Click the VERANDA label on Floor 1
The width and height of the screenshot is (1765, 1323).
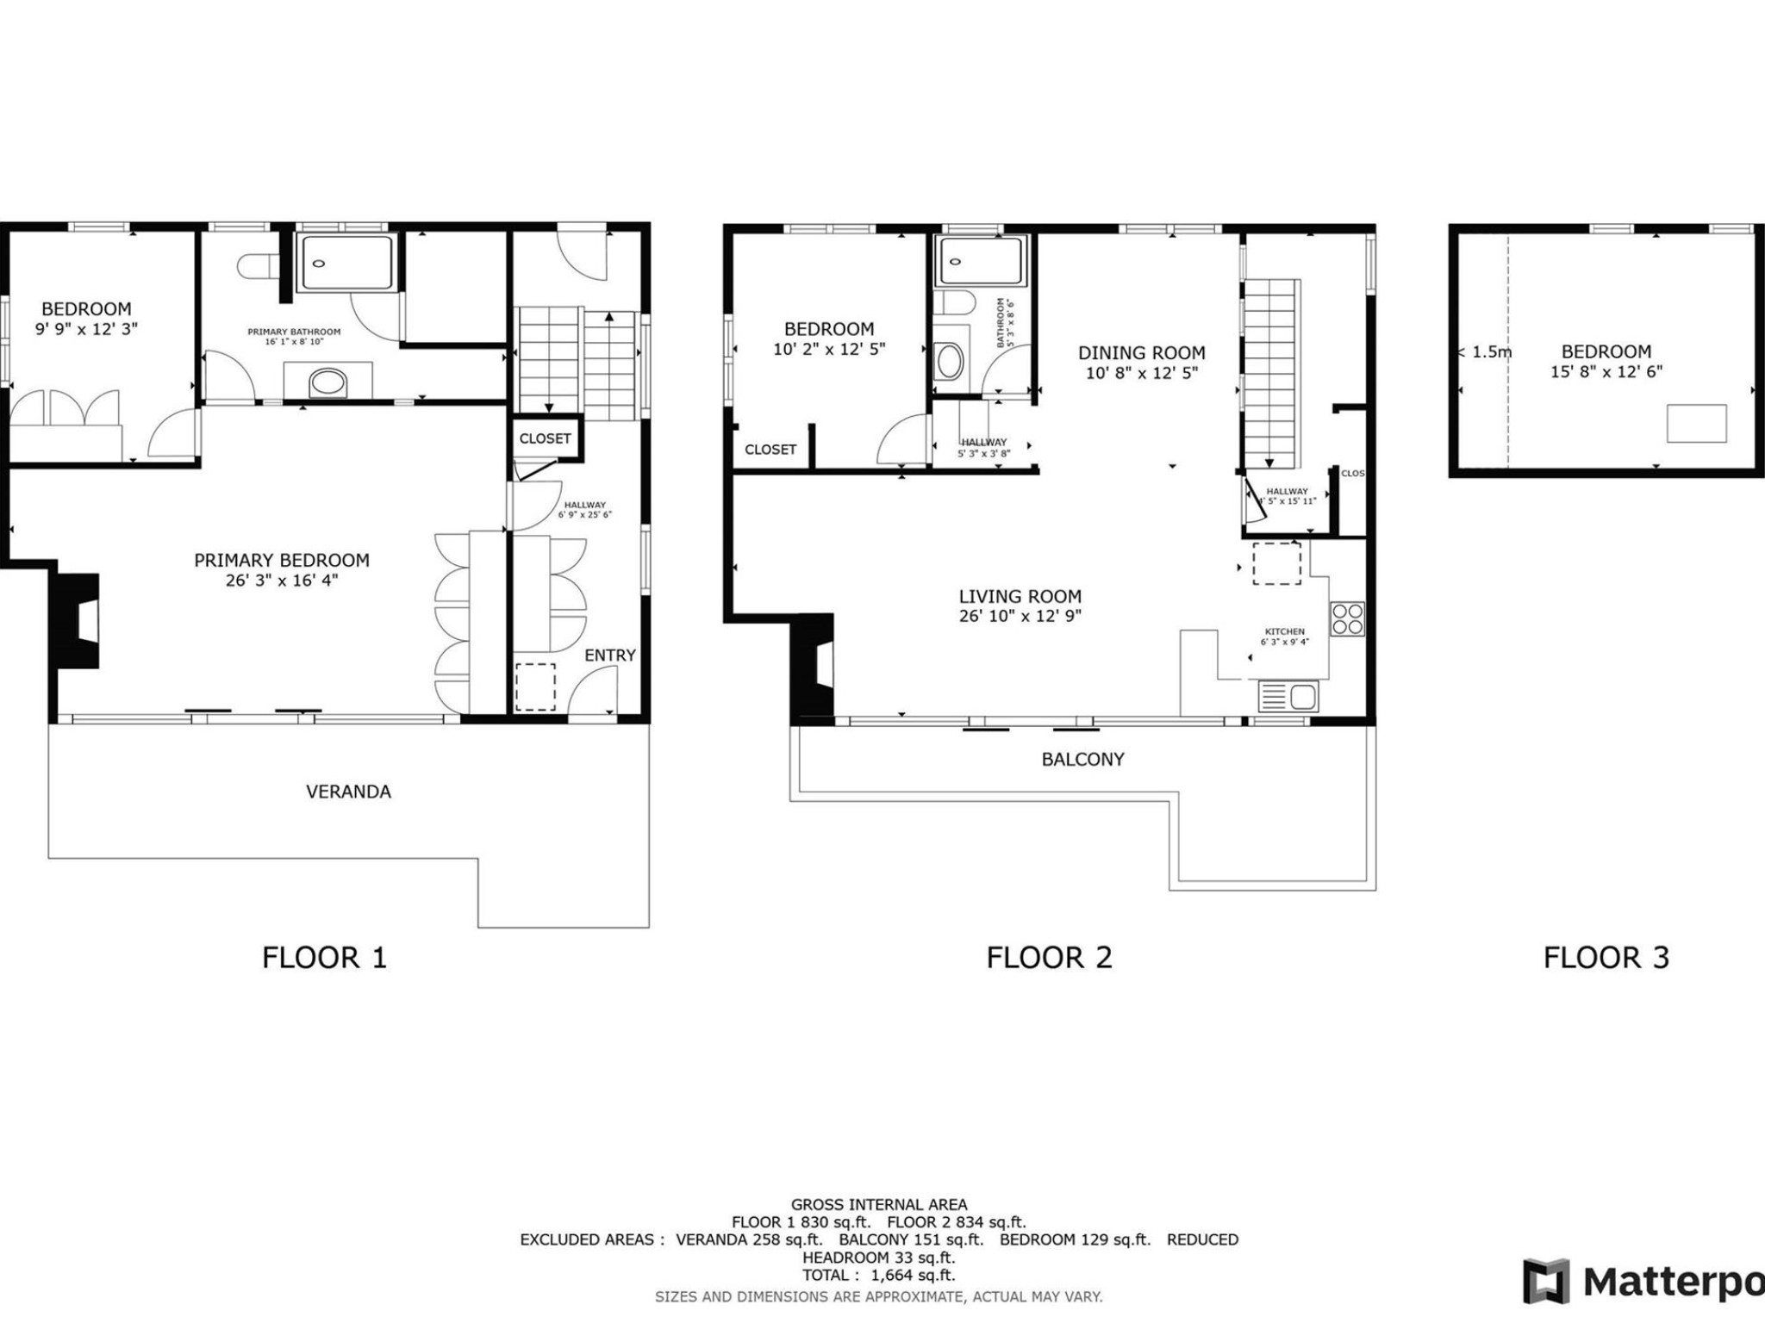click(x=348, y=792)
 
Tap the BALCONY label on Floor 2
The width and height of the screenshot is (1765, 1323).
click(x=1082, y=760)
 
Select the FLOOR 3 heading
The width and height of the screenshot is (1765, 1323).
click(x=1606, y=958)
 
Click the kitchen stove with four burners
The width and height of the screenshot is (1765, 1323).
click(x=1347, y=618)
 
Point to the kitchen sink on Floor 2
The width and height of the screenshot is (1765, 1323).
click(x=1288, y=696)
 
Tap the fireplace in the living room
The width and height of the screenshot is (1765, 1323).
click(x=814, y=664)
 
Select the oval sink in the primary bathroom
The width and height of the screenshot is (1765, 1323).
click(x=327, y=382)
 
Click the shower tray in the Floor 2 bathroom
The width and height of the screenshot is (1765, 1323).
click(x=981, y=261)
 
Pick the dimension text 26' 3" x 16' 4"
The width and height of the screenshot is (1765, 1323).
click(x=282, y=581)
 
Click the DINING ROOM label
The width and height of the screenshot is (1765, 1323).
click(x=1141, y=353)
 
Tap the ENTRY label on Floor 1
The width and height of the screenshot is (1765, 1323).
click(x=609, y=655)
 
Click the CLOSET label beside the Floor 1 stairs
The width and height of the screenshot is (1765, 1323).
click(x=545, y=438)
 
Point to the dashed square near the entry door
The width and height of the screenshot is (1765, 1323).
click(x=535, y=686)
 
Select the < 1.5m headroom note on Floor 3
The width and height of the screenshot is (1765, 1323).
click(x=1485, y=352)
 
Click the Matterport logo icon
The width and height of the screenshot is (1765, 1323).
click(x=1546, y=1282)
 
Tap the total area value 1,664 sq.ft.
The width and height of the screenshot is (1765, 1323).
click(x=912, y=1275)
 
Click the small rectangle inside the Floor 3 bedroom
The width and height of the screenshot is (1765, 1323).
click(x=1695, y=423)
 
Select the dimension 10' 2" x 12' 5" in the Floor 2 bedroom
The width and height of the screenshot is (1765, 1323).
click(x=829, y=350)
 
